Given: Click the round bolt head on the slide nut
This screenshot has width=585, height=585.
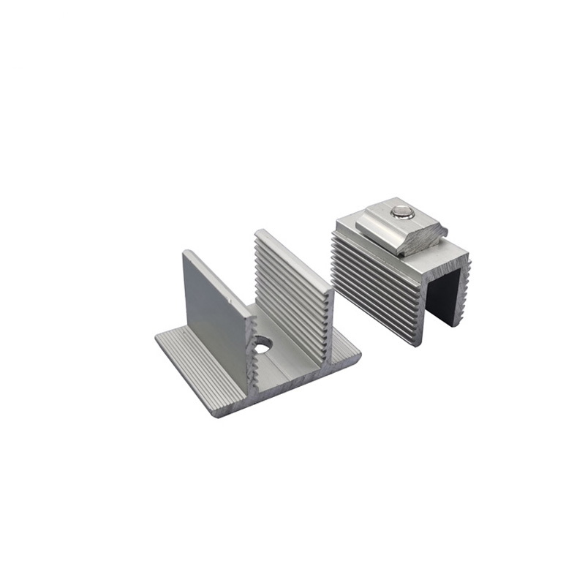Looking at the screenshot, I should point(400,213).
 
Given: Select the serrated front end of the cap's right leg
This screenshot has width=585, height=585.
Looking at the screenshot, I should point(464,289).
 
